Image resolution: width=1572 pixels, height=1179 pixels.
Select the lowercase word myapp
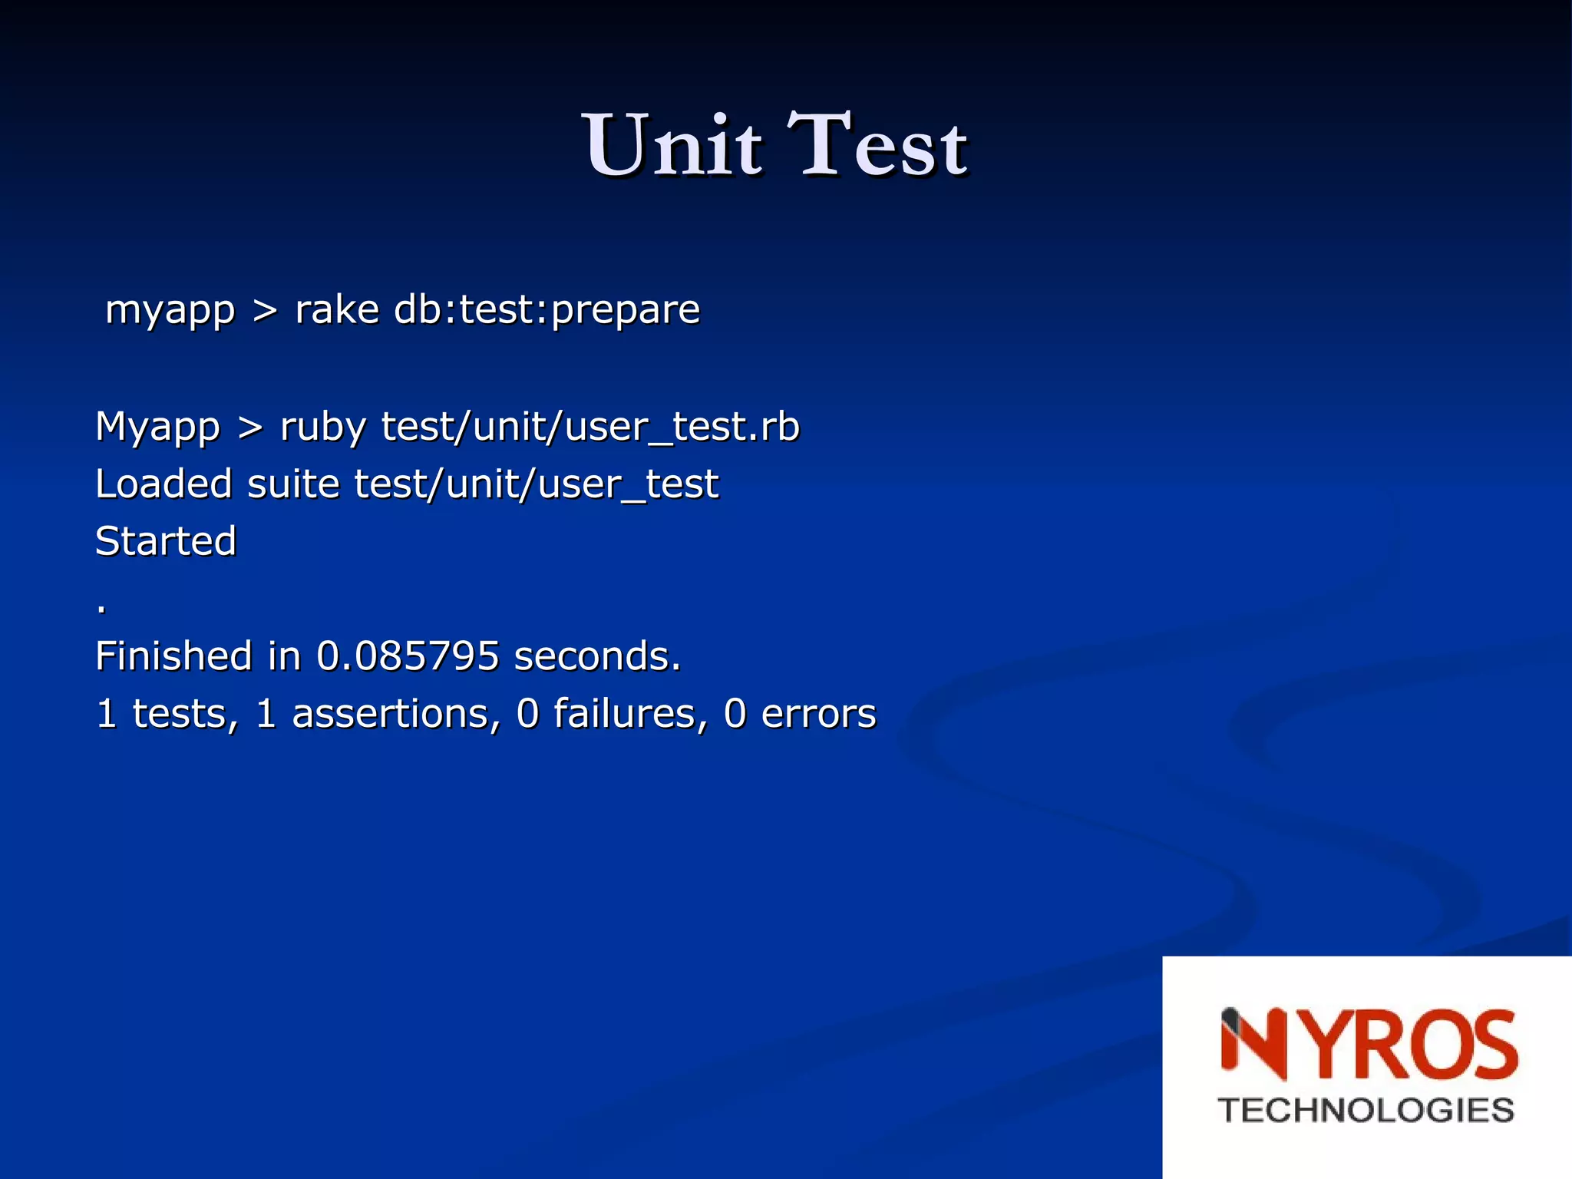(170, 311)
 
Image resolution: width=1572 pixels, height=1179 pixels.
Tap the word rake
(337, 309)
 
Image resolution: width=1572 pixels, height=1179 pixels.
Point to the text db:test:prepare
(547, 311)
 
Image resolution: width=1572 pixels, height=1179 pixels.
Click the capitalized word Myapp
(157, 427)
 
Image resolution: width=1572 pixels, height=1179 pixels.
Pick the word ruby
(322, 427)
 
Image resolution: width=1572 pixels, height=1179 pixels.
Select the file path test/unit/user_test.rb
(590, 427)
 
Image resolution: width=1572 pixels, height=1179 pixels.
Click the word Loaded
(163, 484)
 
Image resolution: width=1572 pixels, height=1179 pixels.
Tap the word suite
(293, 484)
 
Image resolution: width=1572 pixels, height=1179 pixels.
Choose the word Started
(166, 541)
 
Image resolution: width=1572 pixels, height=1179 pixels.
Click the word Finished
(173, 656)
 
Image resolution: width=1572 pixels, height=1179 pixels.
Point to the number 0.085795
(408, 656)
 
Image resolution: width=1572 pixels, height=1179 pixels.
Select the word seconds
(597, 656)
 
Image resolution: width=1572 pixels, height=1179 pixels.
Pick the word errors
(818, 714)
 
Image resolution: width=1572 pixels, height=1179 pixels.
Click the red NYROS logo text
(1369, 1045)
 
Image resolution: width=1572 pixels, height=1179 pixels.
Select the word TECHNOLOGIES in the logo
(1366, 1111)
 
